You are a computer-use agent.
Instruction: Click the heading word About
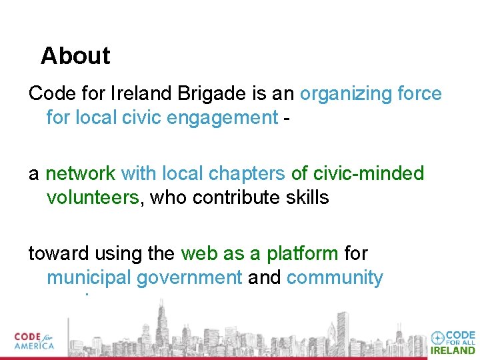coord(75,56)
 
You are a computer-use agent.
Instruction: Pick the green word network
coord(80,173)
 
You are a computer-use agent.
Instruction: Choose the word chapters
coord(246,173)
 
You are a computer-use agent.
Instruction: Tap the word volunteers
coord(93,198)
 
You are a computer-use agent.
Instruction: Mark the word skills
coord(307,198)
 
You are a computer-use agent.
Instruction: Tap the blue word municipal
coord(88,278)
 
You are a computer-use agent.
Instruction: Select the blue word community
coord(335,278)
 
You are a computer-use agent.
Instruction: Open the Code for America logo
coord(35,341)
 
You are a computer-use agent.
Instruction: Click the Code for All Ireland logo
coord(453,342)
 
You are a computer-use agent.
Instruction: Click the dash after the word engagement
coord(286,119)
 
